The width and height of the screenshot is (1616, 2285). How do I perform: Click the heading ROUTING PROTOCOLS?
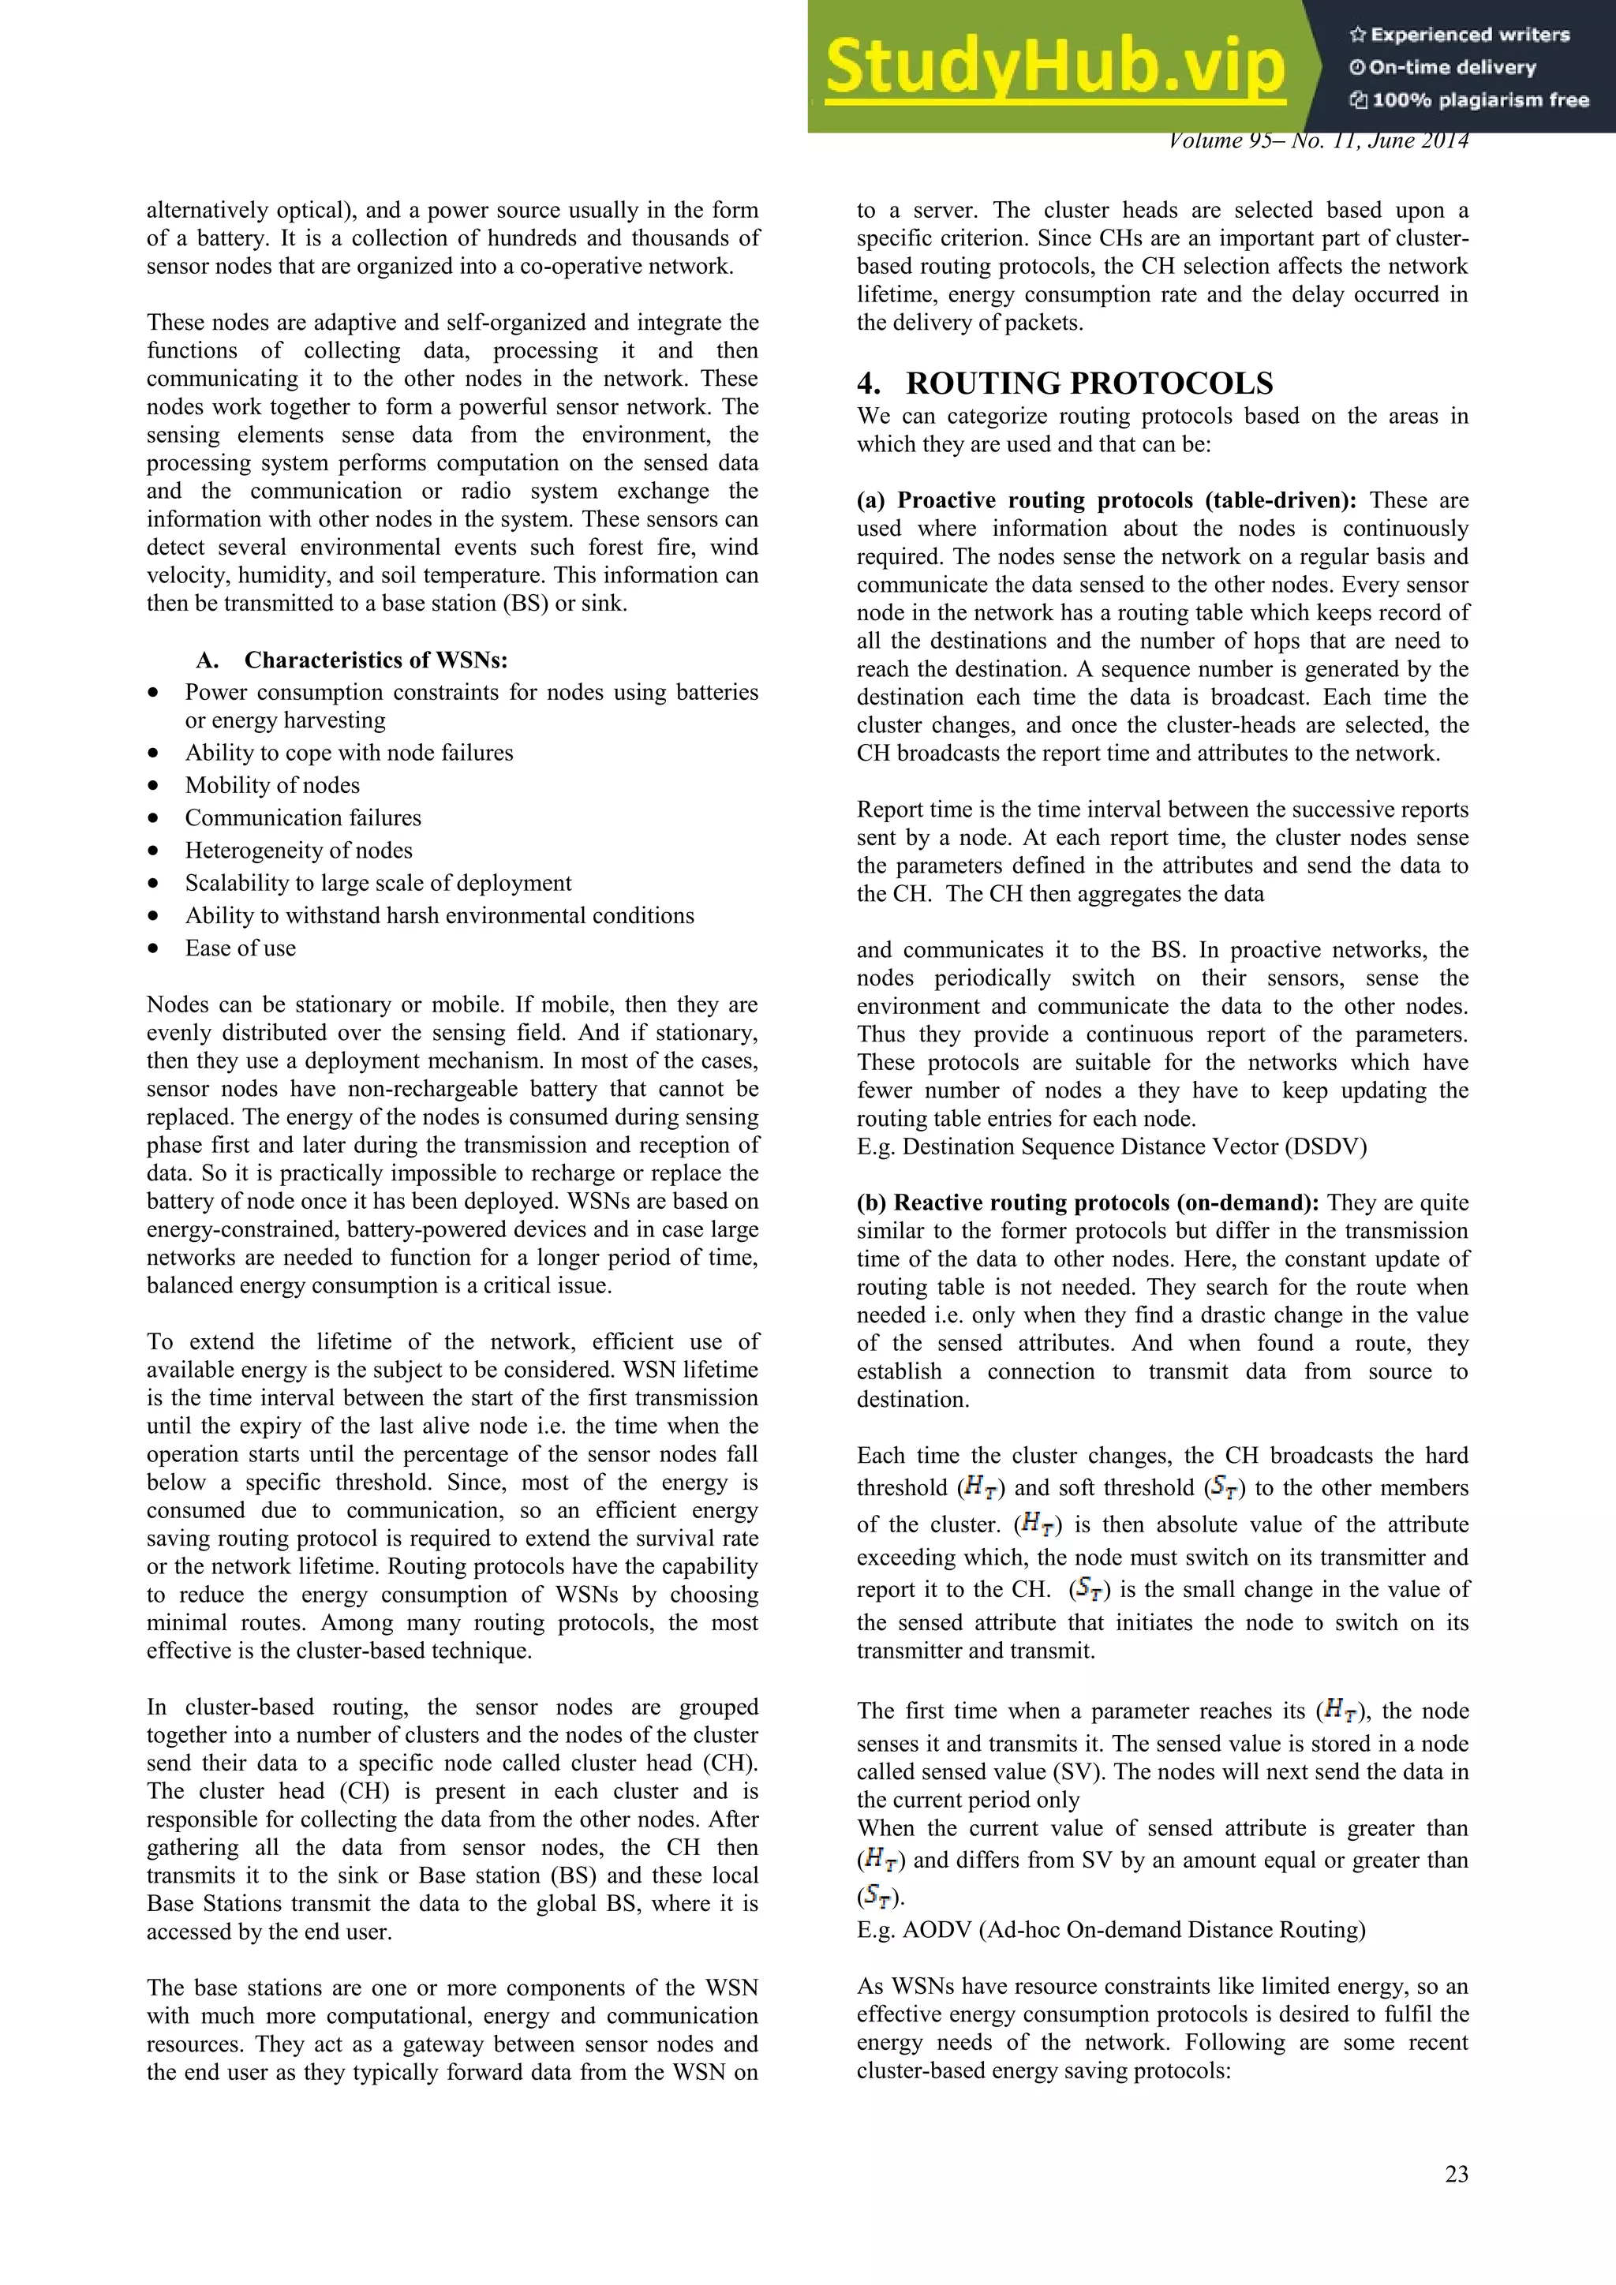click(1089, 383)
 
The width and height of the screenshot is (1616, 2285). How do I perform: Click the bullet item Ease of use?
click(240, 948)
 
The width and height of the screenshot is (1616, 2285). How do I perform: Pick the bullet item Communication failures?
click(302, 818)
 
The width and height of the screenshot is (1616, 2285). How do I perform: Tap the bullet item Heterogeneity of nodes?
click(298, 851)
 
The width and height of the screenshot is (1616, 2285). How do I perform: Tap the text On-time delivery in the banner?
click(1452, 68)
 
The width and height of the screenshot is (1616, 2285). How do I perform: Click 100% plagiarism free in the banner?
click(1479, 99)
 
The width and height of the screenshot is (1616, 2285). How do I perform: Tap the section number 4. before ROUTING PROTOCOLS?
click(869, 383)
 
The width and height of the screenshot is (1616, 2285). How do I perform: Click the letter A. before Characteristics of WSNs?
click(207, 660)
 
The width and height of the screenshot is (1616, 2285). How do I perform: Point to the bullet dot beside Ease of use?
click(153, 948)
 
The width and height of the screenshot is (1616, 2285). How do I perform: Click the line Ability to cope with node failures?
click(348, 754)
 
